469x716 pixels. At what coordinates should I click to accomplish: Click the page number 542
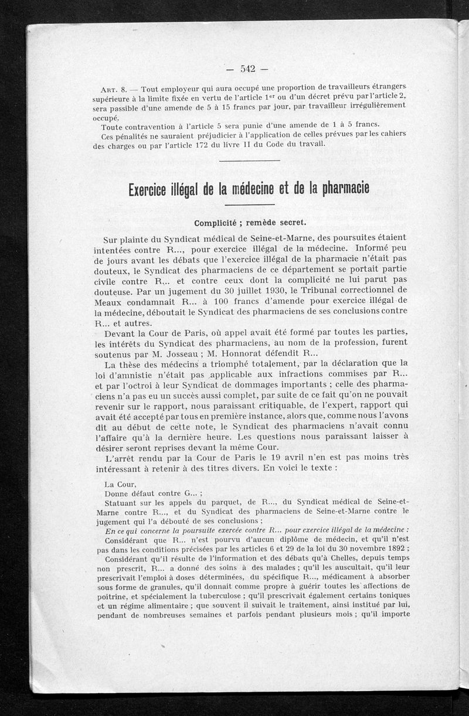[x=246, y=69]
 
